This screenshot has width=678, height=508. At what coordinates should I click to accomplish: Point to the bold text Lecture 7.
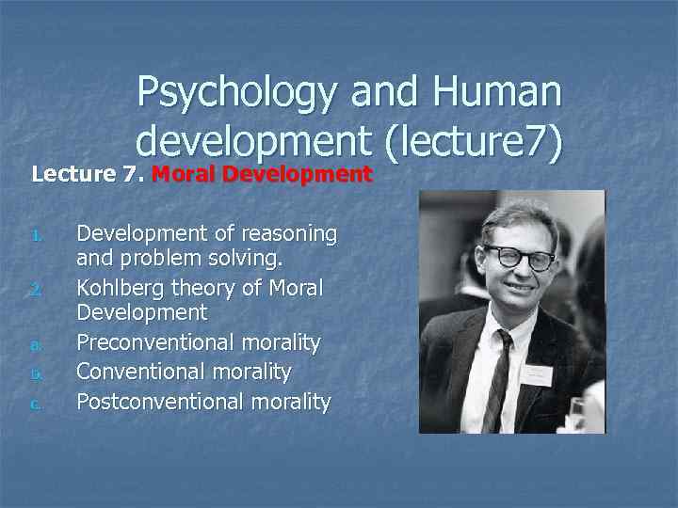tap(89, 174)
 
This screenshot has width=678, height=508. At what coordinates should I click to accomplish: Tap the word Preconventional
tap(151, 341)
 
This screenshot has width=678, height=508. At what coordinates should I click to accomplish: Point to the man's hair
tap(513, 212)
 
